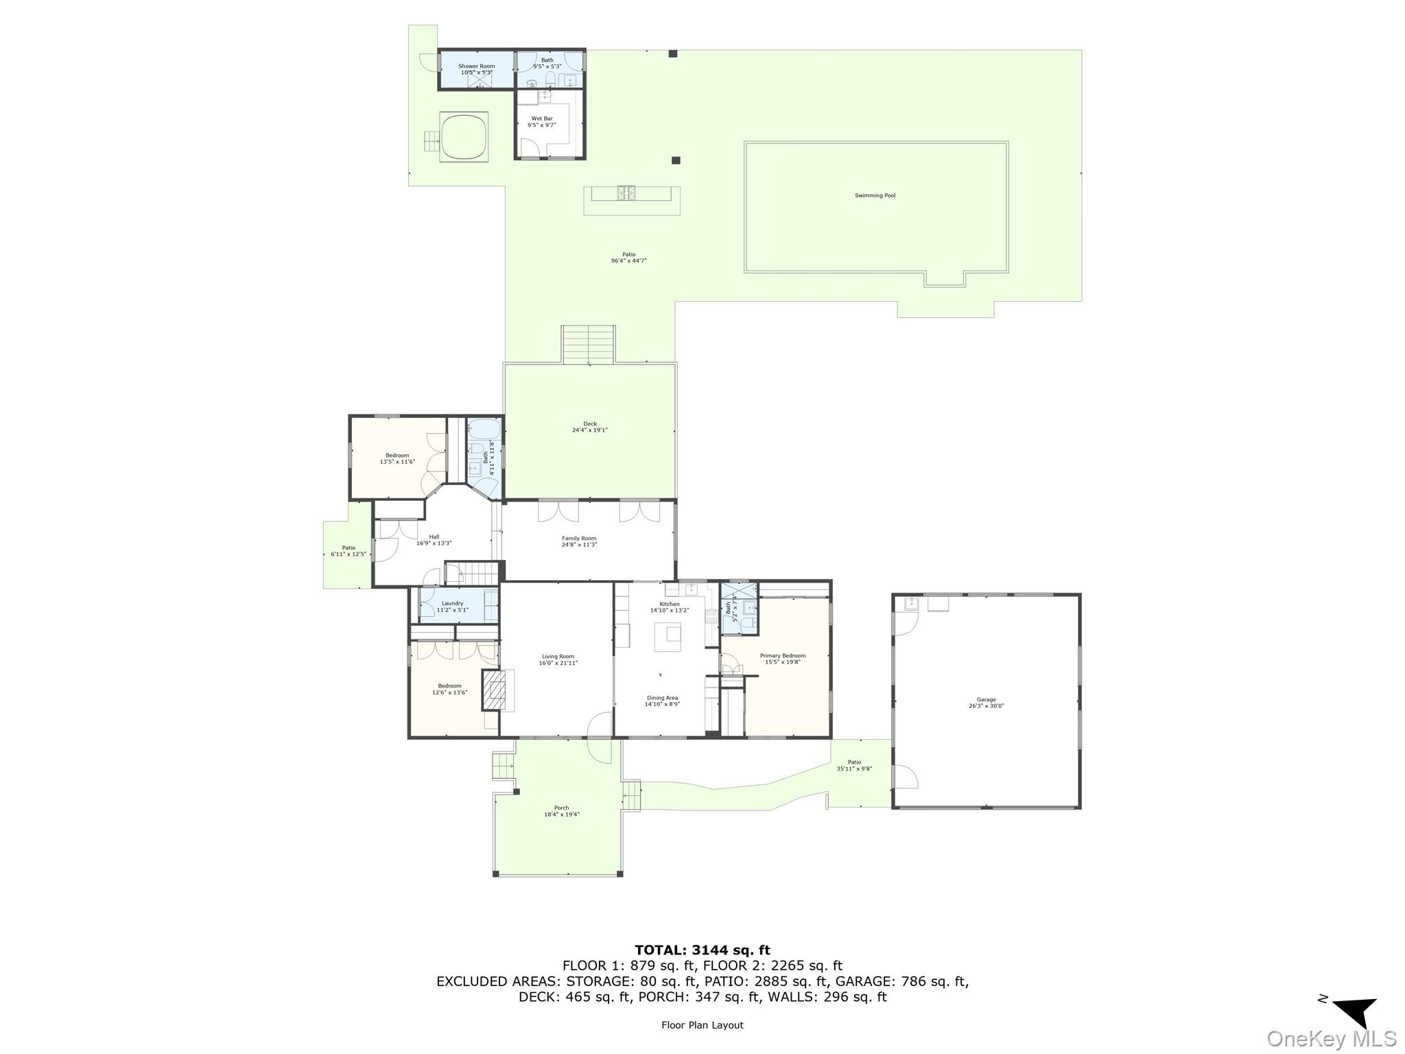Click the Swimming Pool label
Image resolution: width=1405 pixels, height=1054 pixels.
click(x=875, y=196)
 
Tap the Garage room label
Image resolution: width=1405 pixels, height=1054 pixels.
click(x=986, y=700)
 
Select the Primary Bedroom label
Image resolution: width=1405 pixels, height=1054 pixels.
click(x=783, y=656)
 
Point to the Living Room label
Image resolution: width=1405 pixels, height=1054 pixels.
click(x=558, y=657)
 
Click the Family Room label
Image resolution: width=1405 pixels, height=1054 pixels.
click(x=579, y=539)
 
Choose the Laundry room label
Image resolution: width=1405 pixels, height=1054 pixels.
click(x=452, y=604)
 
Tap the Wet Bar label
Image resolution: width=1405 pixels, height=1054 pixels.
click(x=541, y=119)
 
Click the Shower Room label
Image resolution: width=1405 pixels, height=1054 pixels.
click(x=476, y=67)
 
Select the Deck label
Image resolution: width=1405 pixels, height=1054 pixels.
click(x=590, y=424)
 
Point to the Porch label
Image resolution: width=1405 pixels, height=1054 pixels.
click(x=561, y=808)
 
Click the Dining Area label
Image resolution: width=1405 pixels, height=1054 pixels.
click(x=662, y=698)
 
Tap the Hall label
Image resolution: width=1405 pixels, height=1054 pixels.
click(x=434, y=537)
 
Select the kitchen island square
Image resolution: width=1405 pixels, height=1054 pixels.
click(x=667, y=637)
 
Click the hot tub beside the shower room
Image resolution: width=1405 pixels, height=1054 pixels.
click(x=464, y=137)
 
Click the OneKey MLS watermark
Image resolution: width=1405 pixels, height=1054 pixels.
click(x=1331, y=1038)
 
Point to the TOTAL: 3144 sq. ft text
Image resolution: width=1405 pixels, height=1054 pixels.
click(x=702, y=950)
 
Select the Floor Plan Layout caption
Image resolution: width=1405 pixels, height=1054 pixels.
click(x=702, y=1025)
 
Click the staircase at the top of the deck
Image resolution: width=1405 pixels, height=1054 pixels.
click(x=589, y=344)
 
